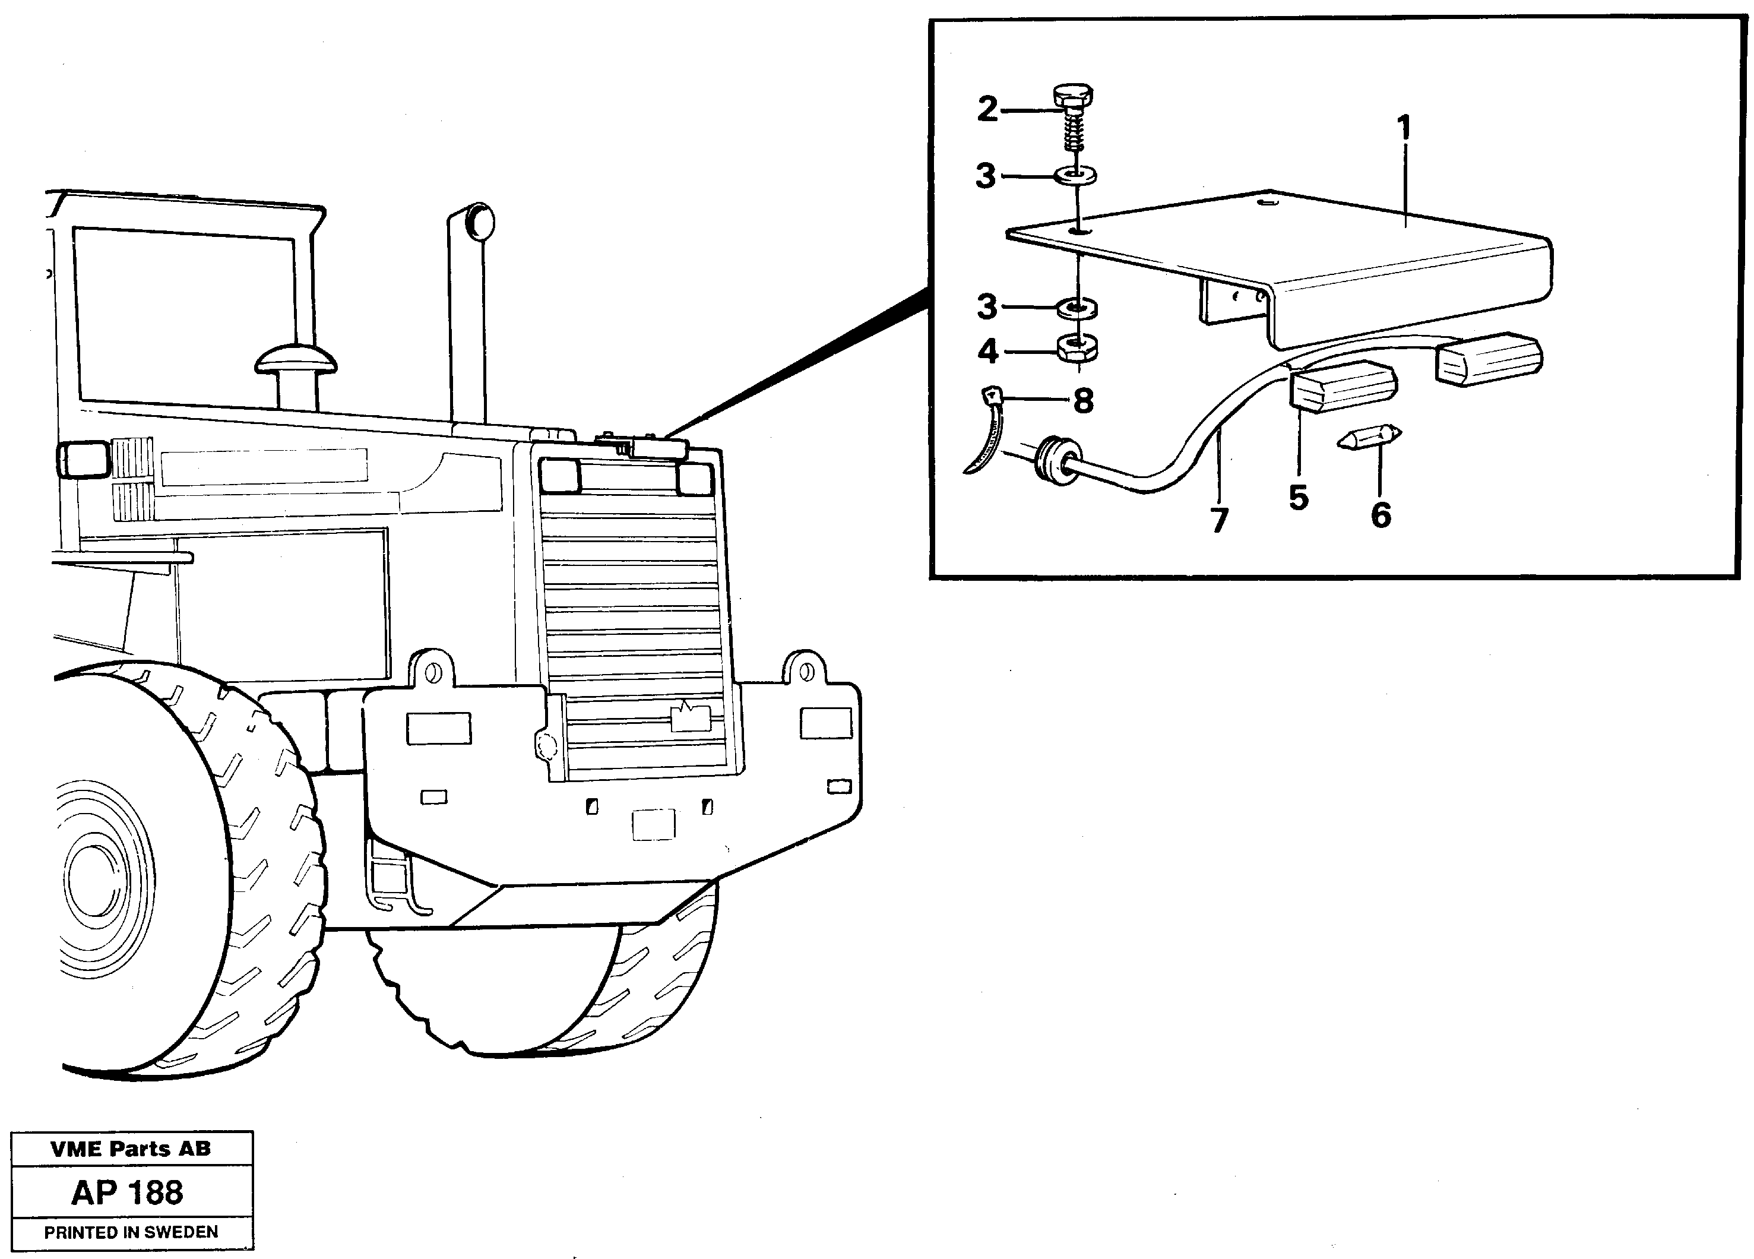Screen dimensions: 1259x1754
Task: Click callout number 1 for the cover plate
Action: point(1404,128)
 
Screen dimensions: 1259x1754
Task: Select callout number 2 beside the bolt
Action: point(987,110)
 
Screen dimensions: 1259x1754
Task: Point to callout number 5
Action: point(1299,497)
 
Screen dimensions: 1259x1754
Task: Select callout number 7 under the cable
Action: point(1219,520)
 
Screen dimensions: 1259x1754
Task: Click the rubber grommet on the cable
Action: point(1056,461)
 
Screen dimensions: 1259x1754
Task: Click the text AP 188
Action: point(128,1192)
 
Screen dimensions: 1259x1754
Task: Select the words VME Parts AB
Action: point(131,1149)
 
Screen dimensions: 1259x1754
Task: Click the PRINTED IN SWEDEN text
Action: point(131,1232)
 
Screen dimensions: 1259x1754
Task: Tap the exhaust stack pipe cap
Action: point(480,221)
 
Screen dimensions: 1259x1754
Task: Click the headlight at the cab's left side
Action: point(82,460)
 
